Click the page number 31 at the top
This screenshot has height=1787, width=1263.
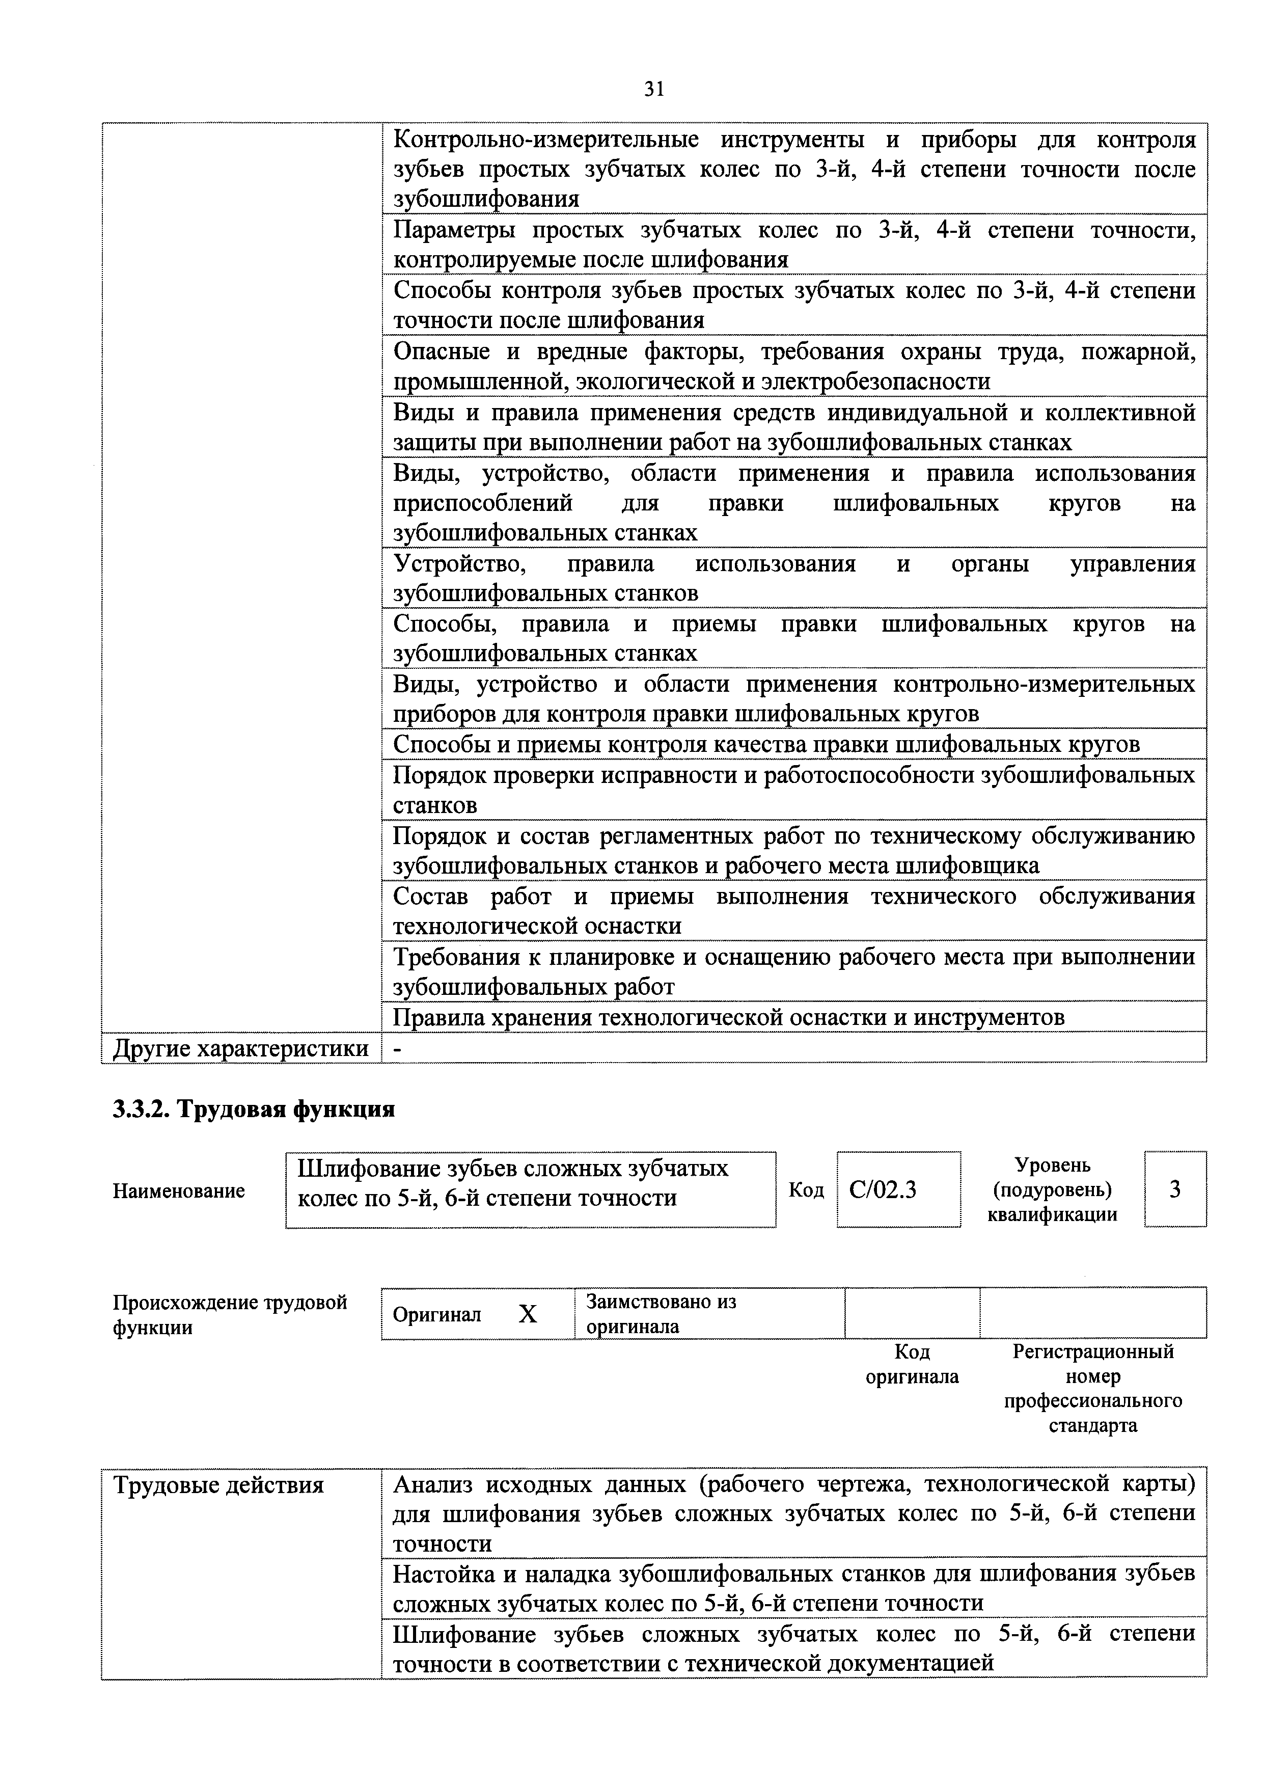[654, 90]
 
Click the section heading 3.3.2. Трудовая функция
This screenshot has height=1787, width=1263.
[254, 1109]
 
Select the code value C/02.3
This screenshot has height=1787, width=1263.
[883, 1190]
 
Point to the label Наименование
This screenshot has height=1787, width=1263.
[179, 1191]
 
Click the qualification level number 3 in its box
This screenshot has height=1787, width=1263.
[1175, 1189]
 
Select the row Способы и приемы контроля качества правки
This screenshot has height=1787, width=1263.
[766, 745]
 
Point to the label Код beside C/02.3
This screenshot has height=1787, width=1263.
[806, 1191]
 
